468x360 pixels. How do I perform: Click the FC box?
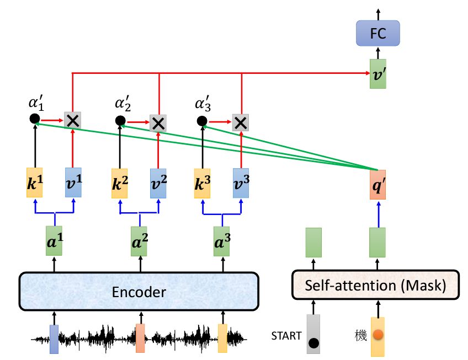click(377, 34)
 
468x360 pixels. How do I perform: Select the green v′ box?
click(378, 74)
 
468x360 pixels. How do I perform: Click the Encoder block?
click(139, 291)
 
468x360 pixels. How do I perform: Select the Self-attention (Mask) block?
click(375, 285)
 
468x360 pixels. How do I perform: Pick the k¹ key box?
click(35, 183)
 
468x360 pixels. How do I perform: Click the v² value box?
click(158, 183)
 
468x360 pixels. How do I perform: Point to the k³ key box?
click(201, 183)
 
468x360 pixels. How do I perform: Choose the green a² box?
click(139, 241)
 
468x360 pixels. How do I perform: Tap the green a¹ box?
click(54, 241)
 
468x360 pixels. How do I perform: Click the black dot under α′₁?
click(34, 119)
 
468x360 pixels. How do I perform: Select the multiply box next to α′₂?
click(158, 123)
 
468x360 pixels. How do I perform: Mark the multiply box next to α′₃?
click(240, 122)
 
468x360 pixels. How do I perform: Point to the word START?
click(286, 335)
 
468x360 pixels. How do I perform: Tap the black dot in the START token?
click(313, 343)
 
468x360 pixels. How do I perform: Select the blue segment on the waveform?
click(54, 338)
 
